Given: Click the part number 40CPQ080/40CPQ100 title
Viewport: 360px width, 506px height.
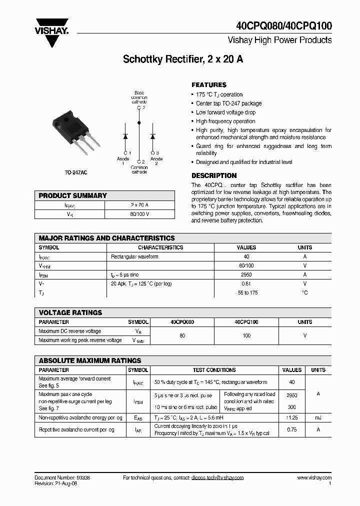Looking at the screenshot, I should pos(283,26).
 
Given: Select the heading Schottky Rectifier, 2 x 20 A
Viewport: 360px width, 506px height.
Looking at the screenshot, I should pos(183,59).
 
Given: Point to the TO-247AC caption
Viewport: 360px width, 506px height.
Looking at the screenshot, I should pos(75,172).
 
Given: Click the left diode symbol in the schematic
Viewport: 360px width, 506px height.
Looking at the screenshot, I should pos(125,135).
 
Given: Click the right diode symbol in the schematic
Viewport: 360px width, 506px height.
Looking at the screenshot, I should pos(152,135).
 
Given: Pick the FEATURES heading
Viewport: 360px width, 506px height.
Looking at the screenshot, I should pos(209,85).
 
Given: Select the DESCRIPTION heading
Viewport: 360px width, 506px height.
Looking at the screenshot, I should pos(214,175).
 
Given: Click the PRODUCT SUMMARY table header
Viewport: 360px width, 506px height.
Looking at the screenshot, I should pos(73,195).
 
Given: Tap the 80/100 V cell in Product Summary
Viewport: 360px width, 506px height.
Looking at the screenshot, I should pos(139,214).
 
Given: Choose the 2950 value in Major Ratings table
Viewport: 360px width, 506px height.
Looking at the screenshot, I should pos(246,274).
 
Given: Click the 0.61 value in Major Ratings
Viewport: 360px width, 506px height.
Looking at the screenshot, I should pos(246,283).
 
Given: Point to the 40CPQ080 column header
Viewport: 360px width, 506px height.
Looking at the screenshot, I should pos(182,322).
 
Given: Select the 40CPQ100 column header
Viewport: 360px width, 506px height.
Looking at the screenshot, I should pos(246,322).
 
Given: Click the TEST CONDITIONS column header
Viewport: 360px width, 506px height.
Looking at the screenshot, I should pos(214,370).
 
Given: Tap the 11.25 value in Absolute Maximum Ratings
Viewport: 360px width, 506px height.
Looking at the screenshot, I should pos(291,417).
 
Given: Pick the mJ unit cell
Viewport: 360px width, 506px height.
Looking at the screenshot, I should pos(318,417).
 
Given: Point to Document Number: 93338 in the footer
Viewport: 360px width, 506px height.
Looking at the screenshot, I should pos(62,478).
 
